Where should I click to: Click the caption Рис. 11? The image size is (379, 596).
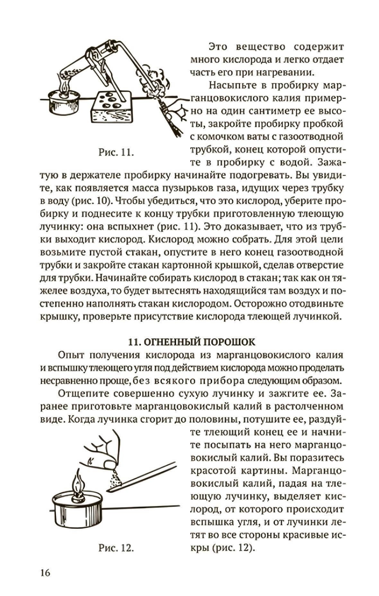116,152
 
